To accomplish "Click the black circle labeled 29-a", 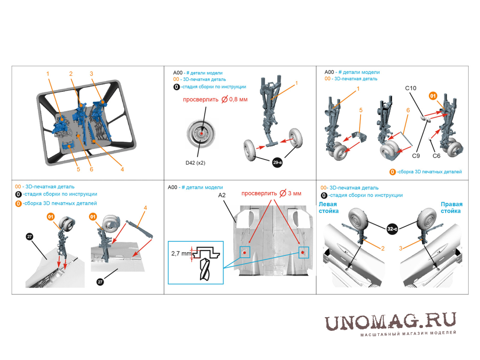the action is [277, 162].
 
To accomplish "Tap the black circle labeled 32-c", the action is [392, 229].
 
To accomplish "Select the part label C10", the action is [410, 88].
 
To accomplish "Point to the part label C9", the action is [416, 156].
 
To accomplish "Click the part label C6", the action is [436, 156].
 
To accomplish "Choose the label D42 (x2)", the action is [195, 163].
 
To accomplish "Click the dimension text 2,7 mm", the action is [181, 254].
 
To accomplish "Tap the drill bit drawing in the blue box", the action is [205, 269].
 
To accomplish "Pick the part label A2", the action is [222, 195].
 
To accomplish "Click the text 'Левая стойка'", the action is [328, 208].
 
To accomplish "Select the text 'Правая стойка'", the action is [451, 208].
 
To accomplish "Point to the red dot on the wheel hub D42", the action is [202, 134].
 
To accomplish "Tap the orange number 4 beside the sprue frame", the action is [122, 169].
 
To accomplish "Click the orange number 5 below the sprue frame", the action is [79, 169].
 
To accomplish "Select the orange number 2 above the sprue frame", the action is [71, 74].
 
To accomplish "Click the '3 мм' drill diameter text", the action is [295, 193].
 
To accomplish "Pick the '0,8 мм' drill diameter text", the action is [238, 99].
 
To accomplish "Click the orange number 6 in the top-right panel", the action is [408, 110].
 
